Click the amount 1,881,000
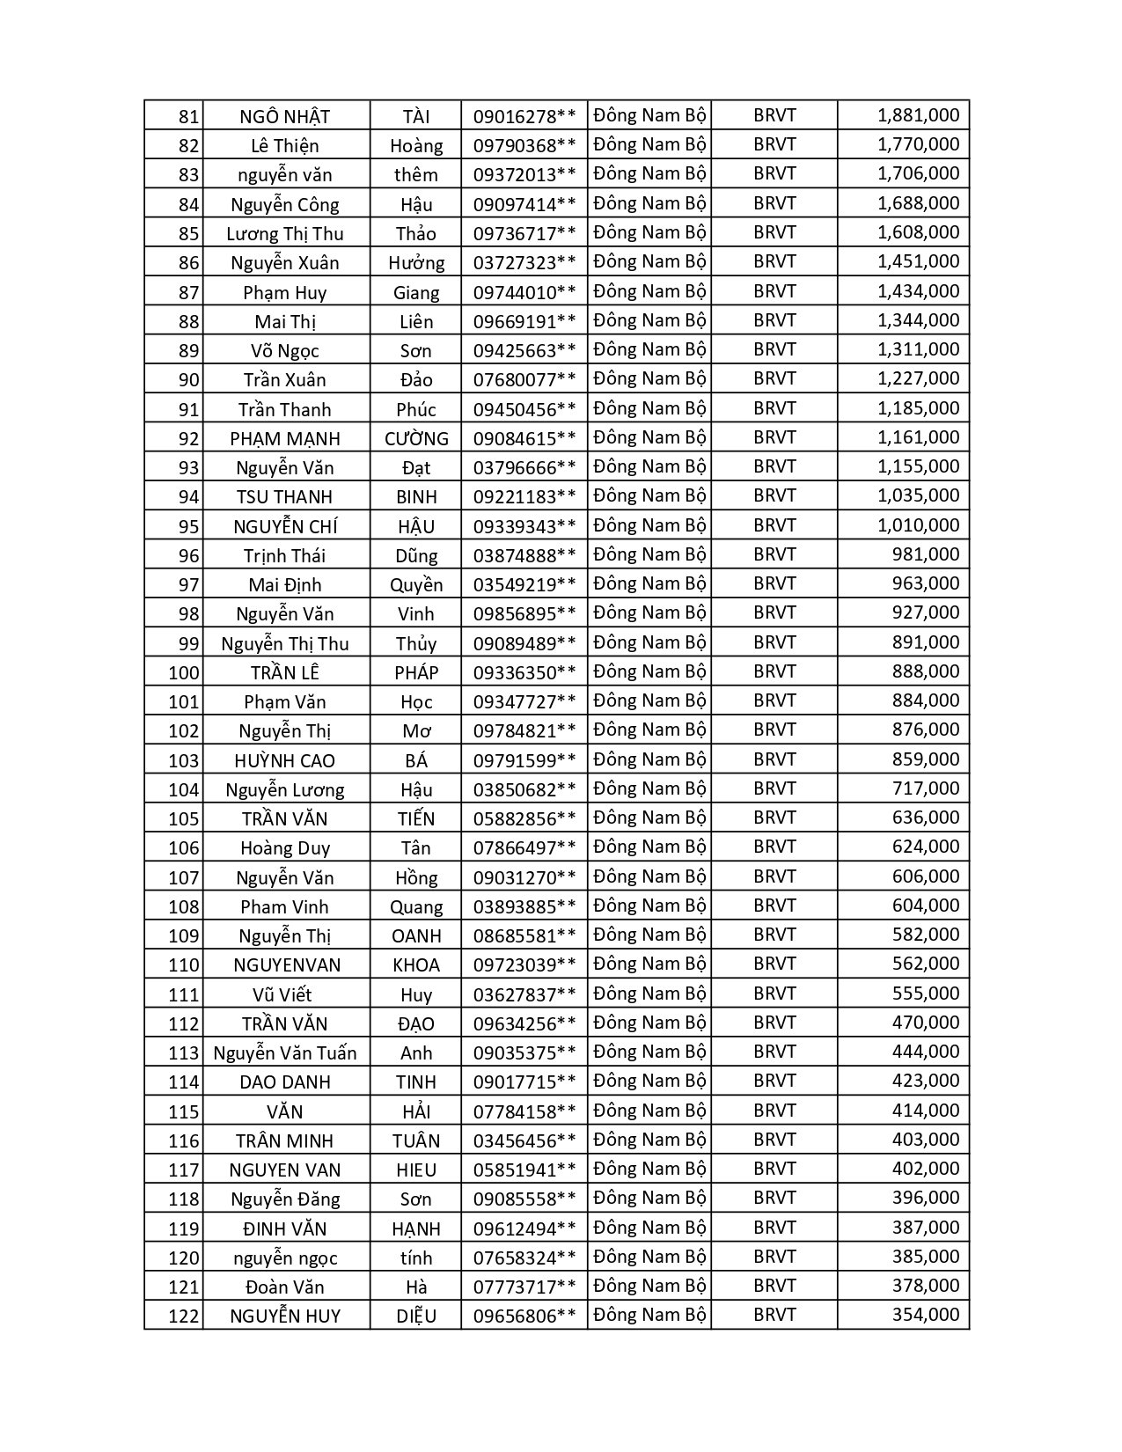918,115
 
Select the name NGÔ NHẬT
284,117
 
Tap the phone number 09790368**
524,146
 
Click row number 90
188,380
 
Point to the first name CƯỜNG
416,438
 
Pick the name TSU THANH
284,497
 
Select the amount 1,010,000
918,525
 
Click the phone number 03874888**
524,555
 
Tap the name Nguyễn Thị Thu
284,643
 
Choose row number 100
184,673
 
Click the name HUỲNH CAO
284,760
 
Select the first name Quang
416,906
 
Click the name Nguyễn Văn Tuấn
284,1052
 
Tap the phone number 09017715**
524,1082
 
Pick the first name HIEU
416,1170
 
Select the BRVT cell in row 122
774,1316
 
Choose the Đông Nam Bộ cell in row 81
649,115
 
